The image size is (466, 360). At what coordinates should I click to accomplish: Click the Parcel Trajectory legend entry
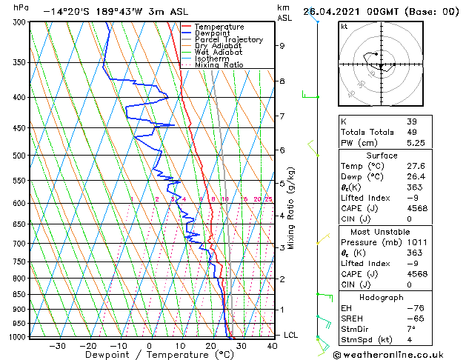pyautogui.click(x=229, y=39)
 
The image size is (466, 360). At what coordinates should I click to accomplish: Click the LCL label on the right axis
pyautogui.click(x=291, y=336)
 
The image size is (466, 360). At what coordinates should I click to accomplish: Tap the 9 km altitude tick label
pyautogui.click(x=282, y=46)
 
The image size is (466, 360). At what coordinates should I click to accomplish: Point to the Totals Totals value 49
pyautogui.click(x=411, y=132)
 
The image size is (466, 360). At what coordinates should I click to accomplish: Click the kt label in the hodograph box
pyautogui.click(x=344, y=26)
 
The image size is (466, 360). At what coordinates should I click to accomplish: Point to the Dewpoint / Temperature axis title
pyautogui.click(x=149, y=355)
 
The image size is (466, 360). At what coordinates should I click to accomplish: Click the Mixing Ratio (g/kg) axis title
pyautogui.click(x=292, y=208)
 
